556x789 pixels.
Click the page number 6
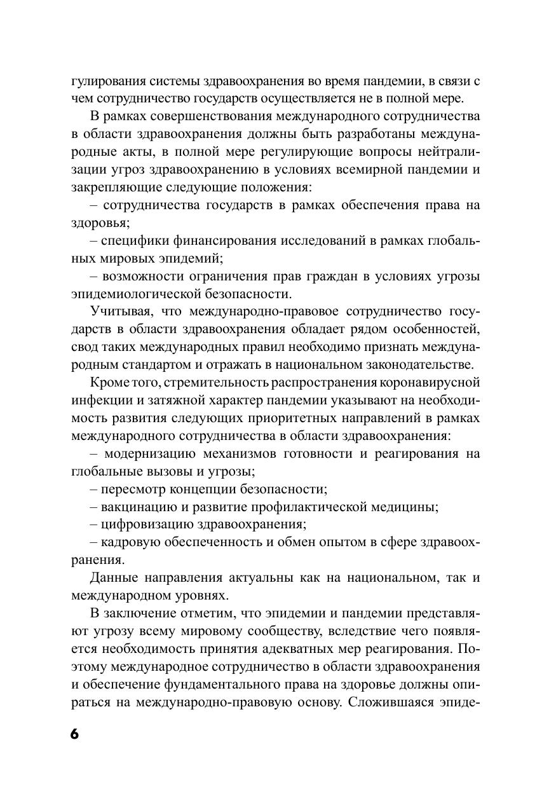(74, 733)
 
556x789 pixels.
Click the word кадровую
(129, 542)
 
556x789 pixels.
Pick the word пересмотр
(131, 489)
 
